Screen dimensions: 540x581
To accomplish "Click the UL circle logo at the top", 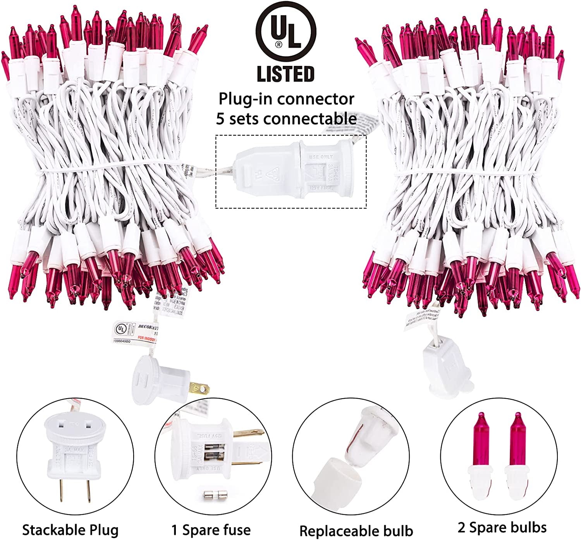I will click(286, 33).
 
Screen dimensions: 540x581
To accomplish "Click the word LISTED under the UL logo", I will click(286, 74).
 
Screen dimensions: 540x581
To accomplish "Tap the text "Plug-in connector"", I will click(286, 99).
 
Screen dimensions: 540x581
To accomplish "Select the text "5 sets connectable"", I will click(286, 119).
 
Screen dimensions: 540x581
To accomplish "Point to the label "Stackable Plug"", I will click(70, 529).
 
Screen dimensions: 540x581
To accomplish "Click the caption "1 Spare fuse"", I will click(211, 529).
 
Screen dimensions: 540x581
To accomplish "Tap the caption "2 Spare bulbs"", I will click(502, 527).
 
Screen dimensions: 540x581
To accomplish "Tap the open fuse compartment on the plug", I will click(209, 455).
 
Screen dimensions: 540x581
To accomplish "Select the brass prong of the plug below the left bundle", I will click(201, 388).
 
